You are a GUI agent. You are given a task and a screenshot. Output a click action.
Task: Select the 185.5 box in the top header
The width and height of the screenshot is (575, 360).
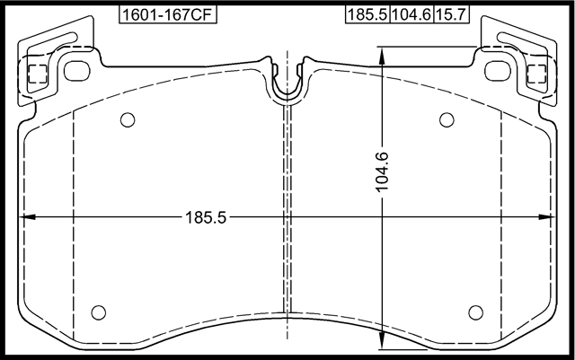point(366,15)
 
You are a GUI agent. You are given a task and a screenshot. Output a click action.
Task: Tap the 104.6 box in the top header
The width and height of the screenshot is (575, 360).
point(409,15)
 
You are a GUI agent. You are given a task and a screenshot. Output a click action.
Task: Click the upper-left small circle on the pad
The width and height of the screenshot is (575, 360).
point(127,119)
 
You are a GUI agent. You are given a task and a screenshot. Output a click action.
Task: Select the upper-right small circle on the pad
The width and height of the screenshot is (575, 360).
point(446,119)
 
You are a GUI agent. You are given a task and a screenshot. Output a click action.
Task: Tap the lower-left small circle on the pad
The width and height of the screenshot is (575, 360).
point(100,312)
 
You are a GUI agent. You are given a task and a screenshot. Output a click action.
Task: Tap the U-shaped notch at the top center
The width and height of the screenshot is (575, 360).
point(287,83)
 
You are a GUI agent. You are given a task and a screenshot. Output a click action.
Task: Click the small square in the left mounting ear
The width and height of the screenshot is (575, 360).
point(38,74)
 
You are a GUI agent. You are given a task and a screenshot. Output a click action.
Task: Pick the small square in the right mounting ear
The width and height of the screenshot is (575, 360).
point(535,74)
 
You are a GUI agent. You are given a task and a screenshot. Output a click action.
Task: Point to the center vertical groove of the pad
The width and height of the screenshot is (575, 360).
point(287,206)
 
